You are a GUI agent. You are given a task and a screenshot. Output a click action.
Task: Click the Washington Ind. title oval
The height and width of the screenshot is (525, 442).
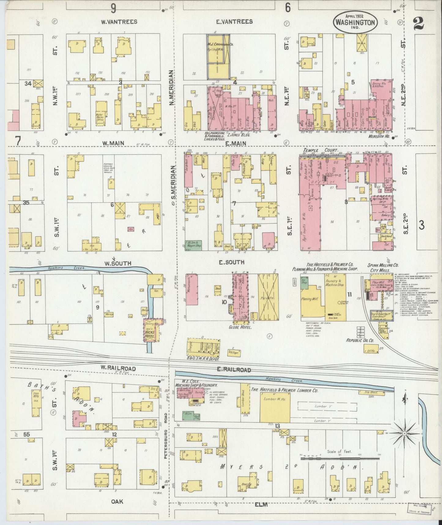coord(355,22)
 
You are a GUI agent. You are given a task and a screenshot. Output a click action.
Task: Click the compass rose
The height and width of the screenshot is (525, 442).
coord(404,433)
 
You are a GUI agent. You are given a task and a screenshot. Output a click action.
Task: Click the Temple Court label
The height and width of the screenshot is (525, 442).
coord(320,151)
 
